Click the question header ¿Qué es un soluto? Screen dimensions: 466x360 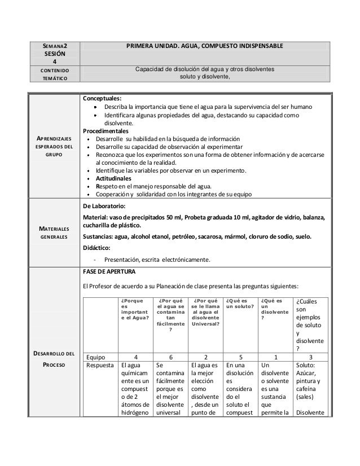(x=239, y=304)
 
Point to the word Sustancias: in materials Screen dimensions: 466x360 (x=101, y=235)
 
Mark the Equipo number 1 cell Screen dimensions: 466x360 (x=275, y=357)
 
